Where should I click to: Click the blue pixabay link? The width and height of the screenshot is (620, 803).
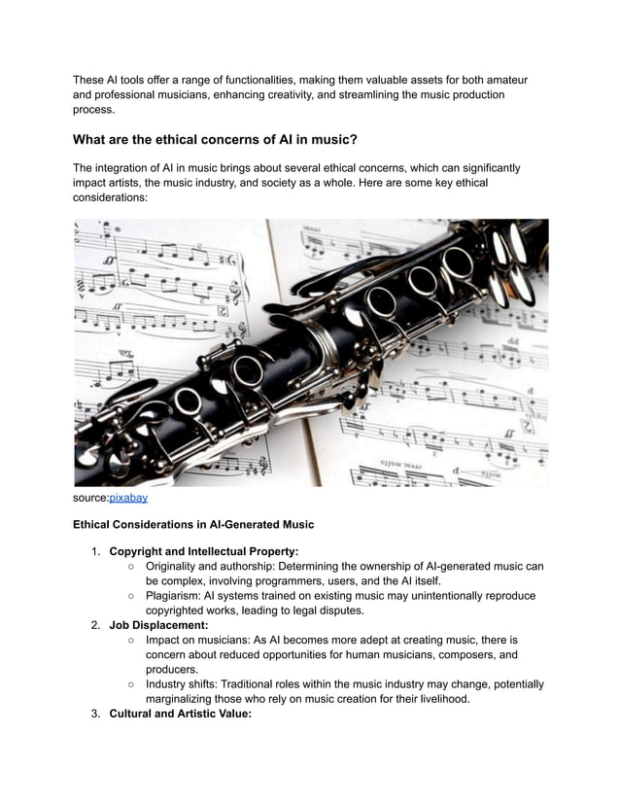coord(127,498)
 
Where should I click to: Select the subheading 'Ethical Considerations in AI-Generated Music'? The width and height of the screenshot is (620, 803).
coord(193,524)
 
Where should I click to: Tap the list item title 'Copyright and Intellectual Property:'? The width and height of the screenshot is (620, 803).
coord(203,551)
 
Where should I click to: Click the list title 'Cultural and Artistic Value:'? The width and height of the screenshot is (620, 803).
coord(180,714)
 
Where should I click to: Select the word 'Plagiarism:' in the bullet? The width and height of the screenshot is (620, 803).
coord(176,596)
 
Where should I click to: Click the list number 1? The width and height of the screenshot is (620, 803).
coord(95,551)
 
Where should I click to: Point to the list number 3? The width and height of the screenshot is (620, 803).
coord(95,714)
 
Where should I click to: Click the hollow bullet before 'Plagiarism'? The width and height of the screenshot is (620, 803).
coord(130,596)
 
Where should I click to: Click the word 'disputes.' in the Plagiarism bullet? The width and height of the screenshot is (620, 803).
coord(336,611)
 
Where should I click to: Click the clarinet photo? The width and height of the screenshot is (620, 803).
coord(311,352)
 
